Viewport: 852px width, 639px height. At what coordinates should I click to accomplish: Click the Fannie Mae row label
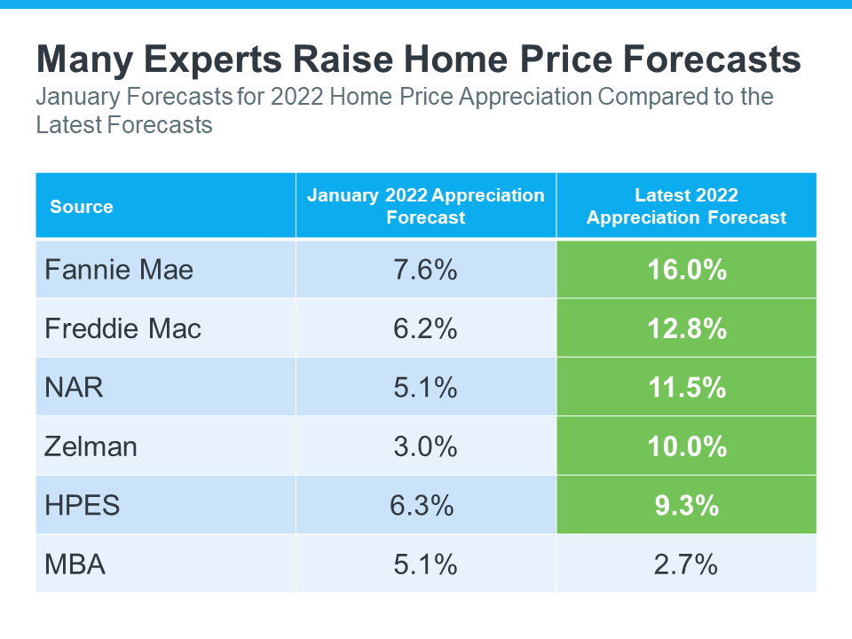coord(119,270)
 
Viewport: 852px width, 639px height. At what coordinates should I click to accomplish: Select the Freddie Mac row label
coord(123,328)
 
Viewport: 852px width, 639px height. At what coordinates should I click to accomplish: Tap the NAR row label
coord(75,388)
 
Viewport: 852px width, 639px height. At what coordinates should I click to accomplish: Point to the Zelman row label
coord(91,446)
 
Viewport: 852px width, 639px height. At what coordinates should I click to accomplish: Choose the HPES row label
coord(82,505)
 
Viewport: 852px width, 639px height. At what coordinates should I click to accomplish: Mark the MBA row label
coord(75,564)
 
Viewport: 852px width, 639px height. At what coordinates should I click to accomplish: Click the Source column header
coord(82,207)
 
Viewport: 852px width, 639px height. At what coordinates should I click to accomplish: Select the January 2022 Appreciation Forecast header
coord(426,206)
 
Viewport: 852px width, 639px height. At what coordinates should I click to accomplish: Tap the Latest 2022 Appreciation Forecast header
coord(686,206)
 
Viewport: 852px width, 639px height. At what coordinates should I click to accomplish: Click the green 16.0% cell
coord(686,270)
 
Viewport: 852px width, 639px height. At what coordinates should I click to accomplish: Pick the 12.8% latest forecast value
coord(686,328)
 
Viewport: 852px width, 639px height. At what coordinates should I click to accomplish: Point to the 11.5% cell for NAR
coord(686,388)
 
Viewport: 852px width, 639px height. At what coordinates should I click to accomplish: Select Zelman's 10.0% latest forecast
coord(686,446)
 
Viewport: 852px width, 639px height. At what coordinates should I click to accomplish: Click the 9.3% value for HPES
coord(686,505)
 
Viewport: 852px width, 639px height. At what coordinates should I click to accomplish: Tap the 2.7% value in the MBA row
coord(686,564)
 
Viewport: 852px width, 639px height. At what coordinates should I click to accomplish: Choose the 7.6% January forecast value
coord(425,270)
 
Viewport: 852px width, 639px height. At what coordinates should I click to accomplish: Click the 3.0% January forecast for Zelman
coord(425,446)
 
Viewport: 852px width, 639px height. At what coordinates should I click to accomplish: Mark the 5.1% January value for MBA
coord(425,564)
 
